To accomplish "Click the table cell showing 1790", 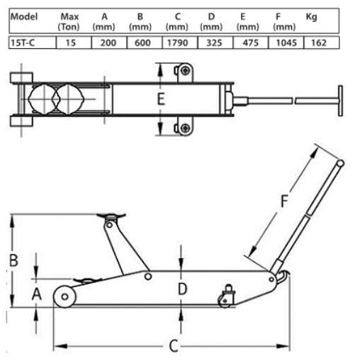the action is (x=177, y=43).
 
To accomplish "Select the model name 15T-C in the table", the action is (x=23, y=43).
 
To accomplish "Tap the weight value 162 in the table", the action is (x=319, y=43).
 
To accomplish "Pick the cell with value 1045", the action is (x=286, y=43).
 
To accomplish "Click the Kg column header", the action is (x=311, y=17).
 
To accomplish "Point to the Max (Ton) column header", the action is (x=69, y=21).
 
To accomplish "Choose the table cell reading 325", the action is (x=214, y=43).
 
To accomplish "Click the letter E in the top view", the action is (x=161, y=99).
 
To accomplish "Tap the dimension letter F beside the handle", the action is (x=284, y=201).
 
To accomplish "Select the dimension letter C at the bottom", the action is (x=174, y=346).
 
